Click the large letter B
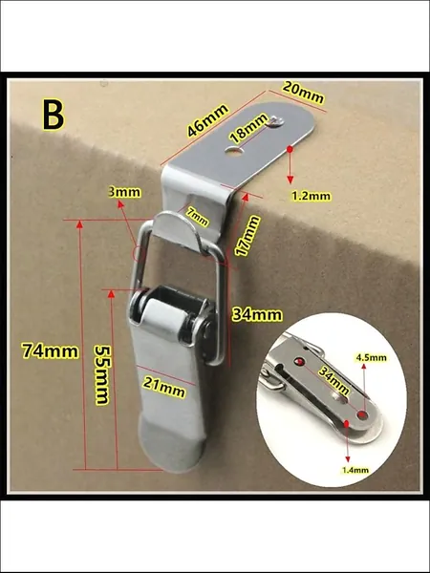tap(54, 115)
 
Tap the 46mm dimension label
tap(208, 120)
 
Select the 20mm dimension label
tap(303, 93)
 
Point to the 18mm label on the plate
tap(249, 128)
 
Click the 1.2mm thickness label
tap(312, 196)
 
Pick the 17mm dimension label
tap(247, 236)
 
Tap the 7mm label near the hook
tap(197, 217)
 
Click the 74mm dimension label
tap(50, 351)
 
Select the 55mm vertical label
tap(102, 375)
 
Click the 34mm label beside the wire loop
tap(257, 314)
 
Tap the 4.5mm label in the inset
tap(371, 357)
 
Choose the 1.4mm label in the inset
tap(355, 470)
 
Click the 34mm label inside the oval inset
tap(333, 381)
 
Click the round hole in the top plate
tap(235, 150)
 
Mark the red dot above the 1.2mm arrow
tap(290, 149)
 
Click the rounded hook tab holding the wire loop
tap(177, 232)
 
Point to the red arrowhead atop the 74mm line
tap(79, 224)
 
